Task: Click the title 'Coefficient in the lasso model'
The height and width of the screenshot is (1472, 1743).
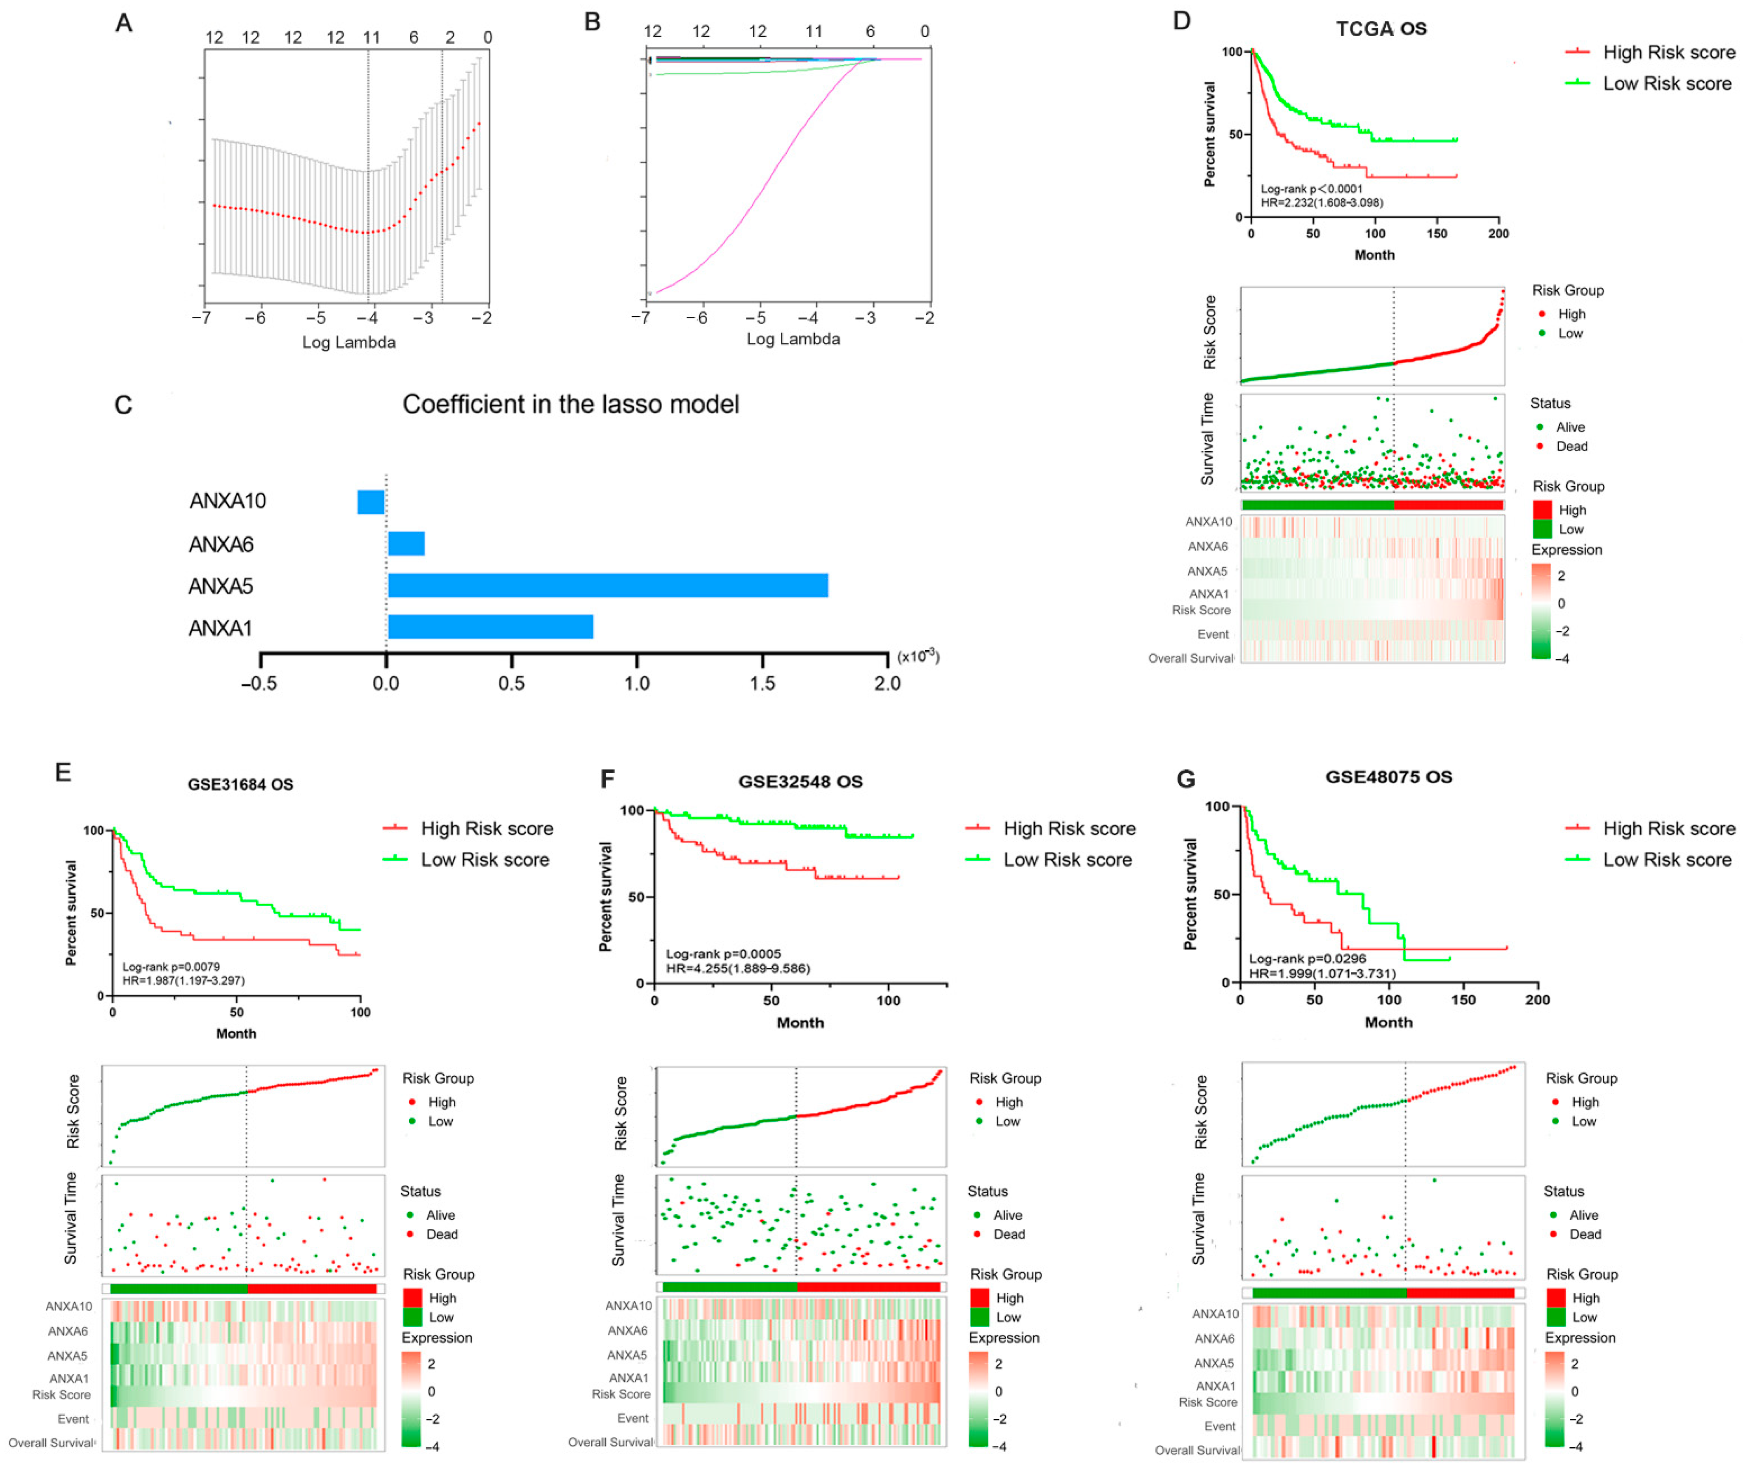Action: [x=571, y=405]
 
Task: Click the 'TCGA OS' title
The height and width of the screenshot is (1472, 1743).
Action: [x=1381, y=28]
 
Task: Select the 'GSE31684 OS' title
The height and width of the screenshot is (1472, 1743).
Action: [x=240, y=784]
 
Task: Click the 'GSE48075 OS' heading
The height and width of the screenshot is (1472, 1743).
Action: [x=1388, y=777]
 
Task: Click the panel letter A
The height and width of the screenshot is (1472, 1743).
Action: [x=123, y=24]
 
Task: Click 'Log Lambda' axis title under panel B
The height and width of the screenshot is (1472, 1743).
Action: [x=793, y=339]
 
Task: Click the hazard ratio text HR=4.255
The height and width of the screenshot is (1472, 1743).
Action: [x=738, y=968]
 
